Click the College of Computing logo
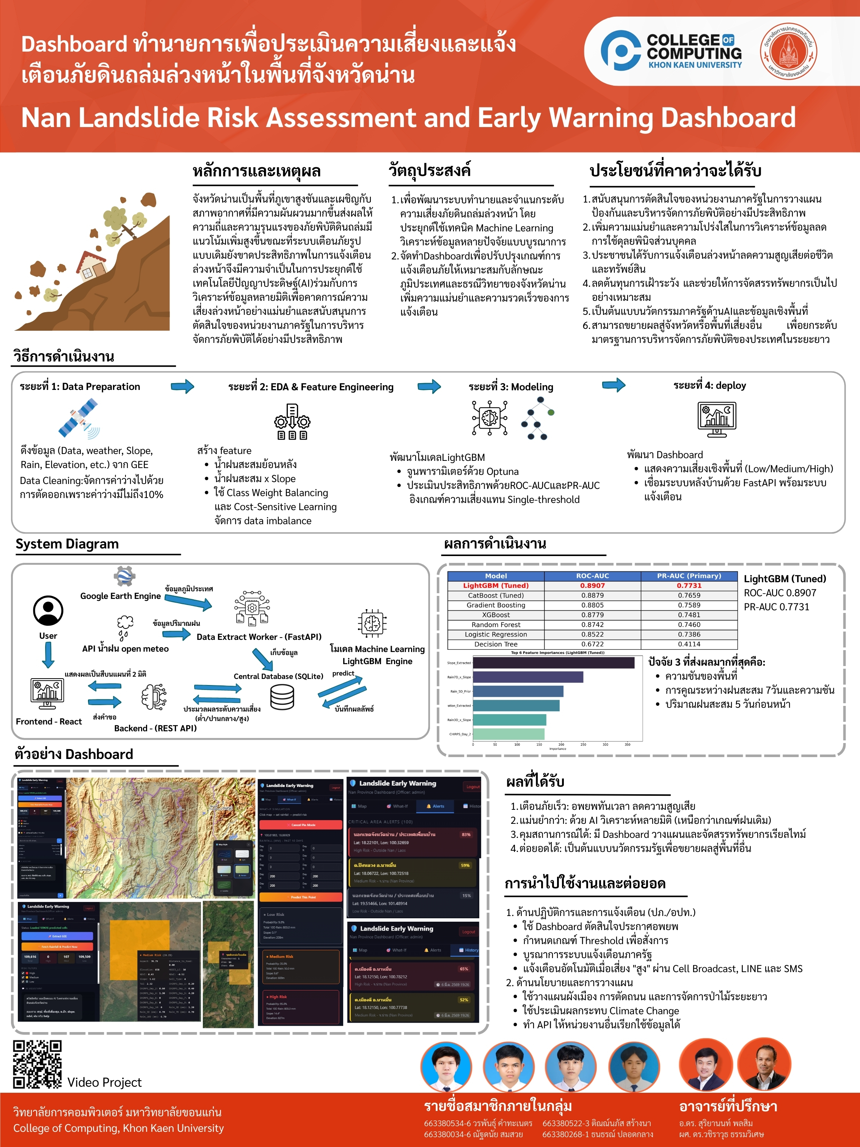671,51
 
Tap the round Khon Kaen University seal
788,51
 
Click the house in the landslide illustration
94,264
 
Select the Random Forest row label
496,625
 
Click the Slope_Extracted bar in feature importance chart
553,663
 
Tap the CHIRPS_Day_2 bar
508,734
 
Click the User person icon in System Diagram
48,610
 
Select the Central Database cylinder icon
282,696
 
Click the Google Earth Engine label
120,596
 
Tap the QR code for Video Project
37,1064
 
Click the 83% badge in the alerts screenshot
466,835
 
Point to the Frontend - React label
49,721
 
